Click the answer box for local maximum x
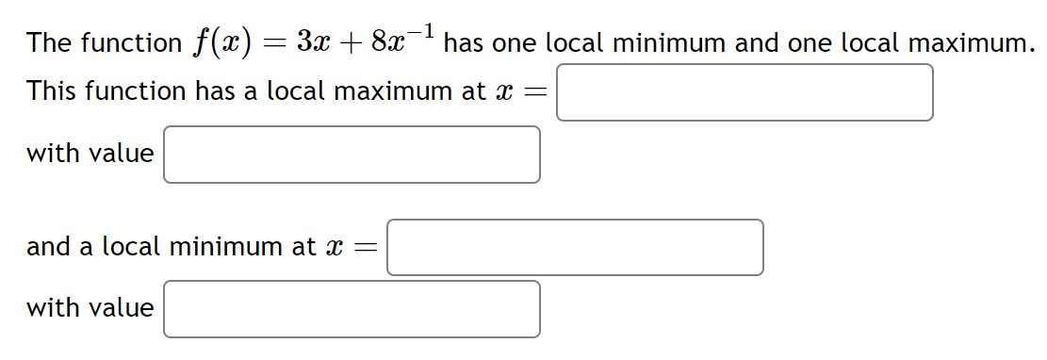click(x=744, y=92)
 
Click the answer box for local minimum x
click(x=575, y=247)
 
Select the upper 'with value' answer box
click(x=352, y=155)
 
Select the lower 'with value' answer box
click(x=352, y=309)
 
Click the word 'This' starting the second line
click(x=54, y=91)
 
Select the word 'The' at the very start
click(x=50, y=43)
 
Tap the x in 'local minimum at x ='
click(x=333, y=247)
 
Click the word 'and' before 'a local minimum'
click(x=48, y=247)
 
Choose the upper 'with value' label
click(x=90, y=154)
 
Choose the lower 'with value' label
click(x=90, y=308)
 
